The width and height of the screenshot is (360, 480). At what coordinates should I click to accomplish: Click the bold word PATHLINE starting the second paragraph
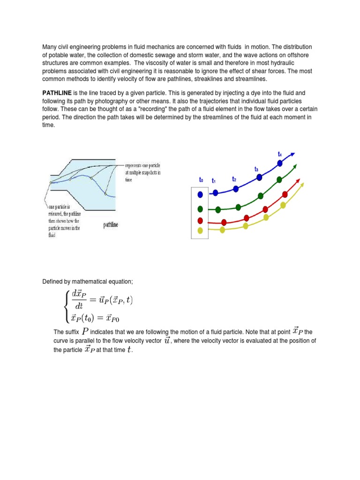pos(57,93)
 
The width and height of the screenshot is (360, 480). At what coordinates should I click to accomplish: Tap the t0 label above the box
pos(201,180)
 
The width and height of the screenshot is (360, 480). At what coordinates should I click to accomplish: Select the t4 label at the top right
pos(280,154)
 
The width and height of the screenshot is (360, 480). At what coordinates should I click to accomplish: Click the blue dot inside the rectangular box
pos(201,194)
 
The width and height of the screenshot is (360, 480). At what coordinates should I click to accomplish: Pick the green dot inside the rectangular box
pos(201,209)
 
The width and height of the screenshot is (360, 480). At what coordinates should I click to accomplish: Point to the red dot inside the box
pos(201,221)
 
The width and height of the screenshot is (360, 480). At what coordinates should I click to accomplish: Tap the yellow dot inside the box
pos(201,230)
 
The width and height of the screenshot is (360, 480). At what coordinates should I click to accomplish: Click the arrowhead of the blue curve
pos(293,155)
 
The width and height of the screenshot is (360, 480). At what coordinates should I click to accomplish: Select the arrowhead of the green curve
pos(296,165)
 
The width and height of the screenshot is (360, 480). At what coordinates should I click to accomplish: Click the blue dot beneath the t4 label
pos(280,163)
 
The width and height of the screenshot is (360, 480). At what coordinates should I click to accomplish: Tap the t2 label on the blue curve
pos(234,179)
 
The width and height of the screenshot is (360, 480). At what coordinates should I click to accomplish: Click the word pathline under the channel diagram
pos(111,225)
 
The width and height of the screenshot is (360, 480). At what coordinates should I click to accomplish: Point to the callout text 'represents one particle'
pos(142,165)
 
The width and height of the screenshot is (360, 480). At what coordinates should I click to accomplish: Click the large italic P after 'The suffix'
pos(85,332)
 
